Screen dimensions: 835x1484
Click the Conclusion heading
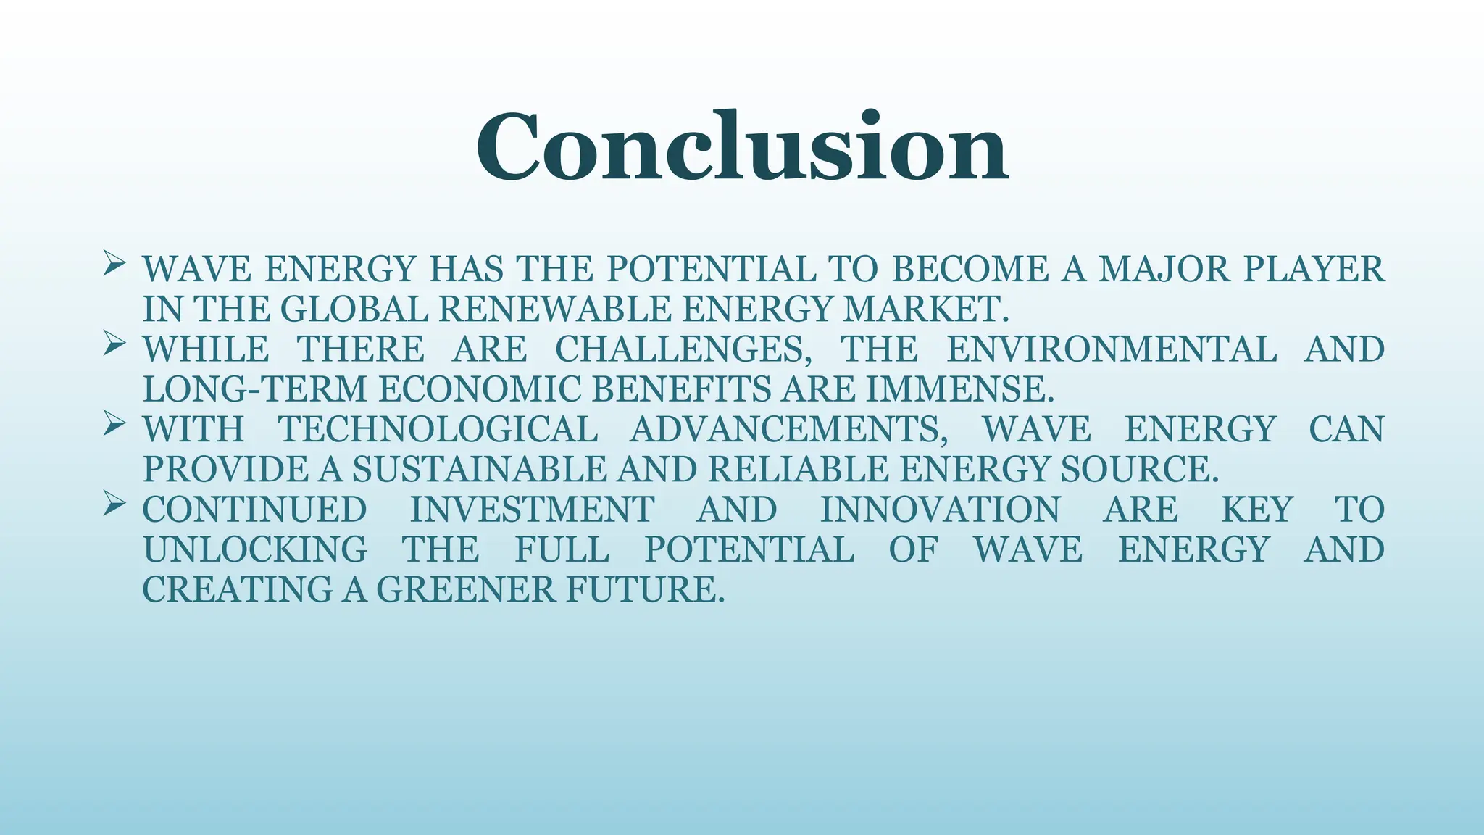coord(741,147)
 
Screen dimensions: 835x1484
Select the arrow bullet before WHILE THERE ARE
coord(114,343)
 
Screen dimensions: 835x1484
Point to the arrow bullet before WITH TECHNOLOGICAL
coord(114,423)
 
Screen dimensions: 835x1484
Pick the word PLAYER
coord(1314,270)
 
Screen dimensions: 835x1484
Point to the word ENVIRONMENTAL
coord(1112,349)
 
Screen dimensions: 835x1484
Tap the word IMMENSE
coord(960,390)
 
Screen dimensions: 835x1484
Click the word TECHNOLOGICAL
coord(438,429)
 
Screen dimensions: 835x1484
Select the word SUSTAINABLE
coord(479,470)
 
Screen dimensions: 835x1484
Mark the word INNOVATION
coord(940,510)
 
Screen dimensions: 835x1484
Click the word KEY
coord(1256,510)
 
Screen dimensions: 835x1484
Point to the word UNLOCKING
coord(255,549)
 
